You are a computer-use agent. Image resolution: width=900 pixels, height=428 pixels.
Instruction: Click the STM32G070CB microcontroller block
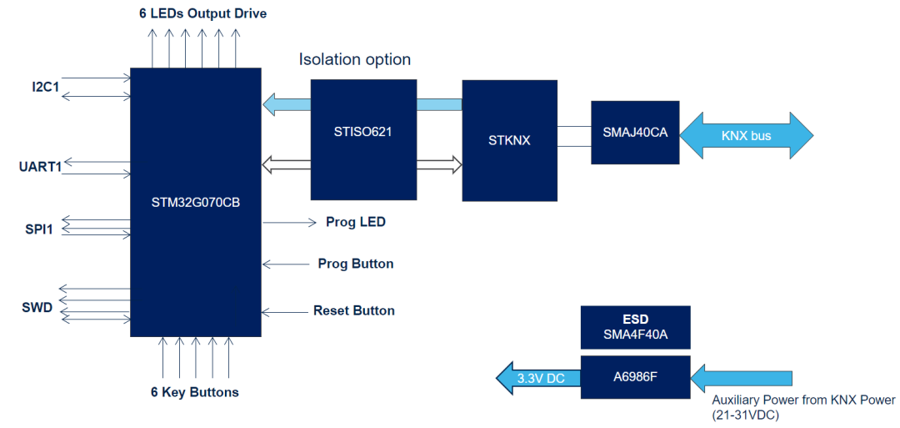pyautogui.click(x=196, y=203)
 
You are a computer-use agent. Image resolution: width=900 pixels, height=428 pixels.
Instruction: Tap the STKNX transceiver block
pyautogui.click(x=509, y=140)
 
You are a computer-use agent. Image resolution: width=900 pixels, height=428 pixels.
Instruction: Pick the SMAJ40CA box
pyautogui.click(x=635, y=133)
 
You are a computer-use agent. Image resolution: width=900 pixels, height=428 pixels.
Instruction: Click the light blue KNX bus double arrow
pyautogui.click(x=746, y=134)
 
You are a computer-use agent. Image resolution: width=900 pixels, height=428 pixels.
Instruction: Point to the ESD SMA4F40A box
pyautogui.click(x=635, y=326)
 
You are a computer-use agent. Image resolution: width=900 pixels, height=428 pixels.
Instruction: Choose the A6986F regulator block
pyautogui.click(x=635, y=377)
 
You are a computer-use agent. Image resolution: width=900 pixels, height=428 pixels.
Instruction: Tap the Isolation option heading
pyautogui.click(x=355, y=60)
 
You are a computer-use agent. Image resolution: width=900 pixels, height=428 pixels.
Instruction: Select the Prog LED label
pyautogui.click(x=355, y=223)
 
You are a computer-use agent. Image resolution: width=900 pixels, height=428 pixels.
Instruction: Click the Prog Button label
pyautogui.click(x=356, y=264)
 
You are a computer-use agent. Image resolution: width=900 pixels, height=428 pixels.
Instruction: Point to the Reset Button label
pyautogui.click(x=354, y=310)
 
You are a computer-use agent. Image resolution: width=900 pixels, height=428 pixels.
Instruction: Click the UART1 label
pyautogui.click(x=41, y=167)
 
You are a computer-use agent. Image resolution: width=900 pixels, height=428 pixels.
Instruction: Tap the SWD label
pyautogui.click(x=37, y=308)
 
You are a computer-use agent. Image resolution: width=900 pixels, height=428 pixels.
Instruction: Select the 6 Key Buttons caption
pyautogui.click(x=195, y=392)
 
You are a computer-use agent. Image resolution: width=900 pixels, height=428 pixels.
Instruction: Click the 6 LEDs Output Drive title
pyautogui.click(x=202, y=14)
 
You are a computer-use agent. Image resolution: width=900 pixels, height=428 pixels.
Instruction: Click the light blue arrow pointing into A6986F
pyautogui.click(x=743, y=378)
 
